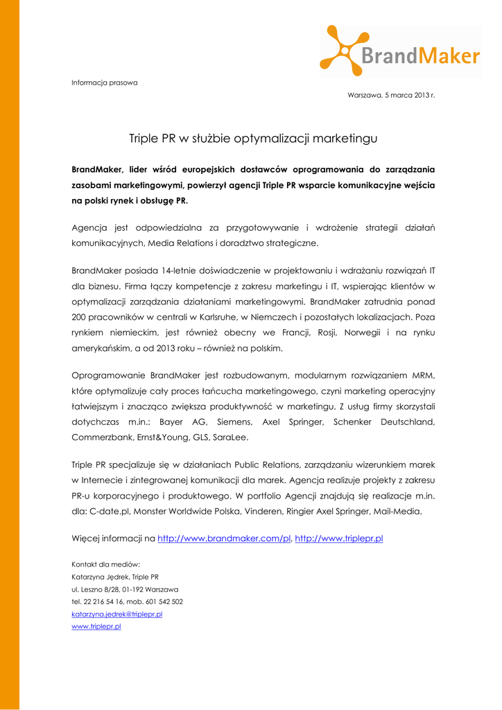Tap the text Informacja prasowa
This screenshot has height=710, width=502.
(x=105, y=83)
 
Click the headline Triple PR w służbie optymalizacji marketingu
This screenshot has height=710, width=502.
(x=253, y=139)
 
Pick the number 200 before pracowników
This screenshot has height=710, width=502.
(x=79, y=317)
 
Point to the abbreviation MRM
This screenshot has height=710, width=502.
(x=422, y=375)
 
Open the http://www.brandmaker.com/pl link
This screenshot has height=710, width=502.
(x=224, y=538)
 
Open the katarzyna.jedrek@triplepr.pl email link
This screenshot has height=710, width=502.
(x=116, y=614)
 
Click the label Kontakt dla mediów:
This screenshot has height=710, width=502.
(x=106, y=564)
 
